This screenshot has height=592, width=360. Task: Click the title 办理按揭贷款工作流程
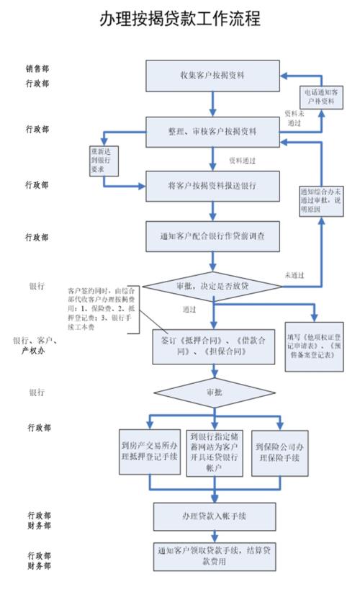pyautogui.click(x=180, y=19)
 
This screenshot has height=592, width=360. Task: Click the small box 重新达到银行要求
pyautogui.click(x=104, y=163)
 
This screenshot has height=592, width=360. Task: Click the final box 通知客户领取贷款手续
pyautogui.click(x=214, y=555)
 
